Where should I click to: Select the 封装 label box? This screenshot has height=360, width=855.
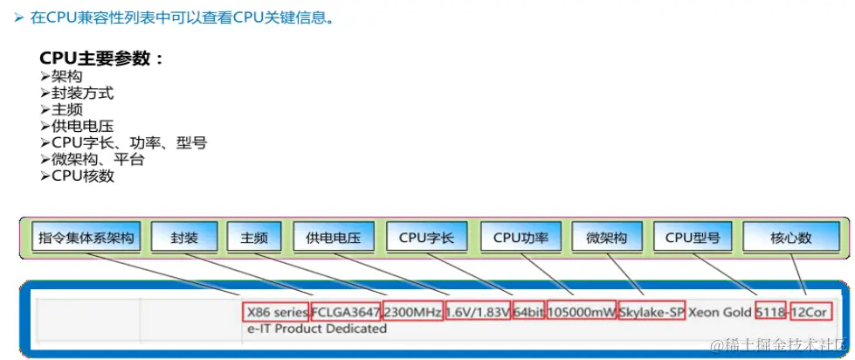[184, 237]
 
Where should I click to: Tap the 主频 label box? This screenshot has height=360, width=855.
[254, 237]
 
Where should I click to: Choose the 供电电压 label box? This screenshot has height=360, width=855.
[333, 237]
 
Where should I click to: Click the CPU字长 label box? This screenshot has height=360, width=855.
[426, 237]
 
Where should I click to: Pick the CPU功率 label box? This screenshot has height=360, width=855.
[521, 237]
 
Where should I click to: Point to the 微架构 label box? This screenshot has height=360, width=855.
[606, 237]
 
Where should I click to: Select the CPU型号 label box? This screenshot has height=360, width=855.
[693, 237]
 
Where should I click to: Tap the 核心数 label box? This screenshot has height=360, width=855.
[791, 237]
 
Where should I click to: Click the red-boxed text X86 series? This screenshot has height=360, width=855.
[277, 312]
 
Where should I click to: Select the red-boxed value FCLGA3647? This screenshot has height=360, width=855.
[346, 312]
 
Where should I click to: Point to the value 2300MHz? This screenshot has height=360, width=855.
[412, 312]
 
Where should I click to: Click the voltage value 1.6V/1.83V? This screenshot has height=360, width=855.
[478, 312]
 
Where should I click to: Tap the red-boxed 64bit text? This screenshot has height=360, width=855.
[528, 312]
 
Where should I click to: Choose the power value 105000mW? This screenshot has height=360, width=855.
[581, 312]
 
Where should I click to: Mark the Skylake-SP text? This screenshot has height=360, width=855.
[651, 312]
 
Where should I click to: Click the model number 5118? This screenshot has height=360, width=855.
[770, 312]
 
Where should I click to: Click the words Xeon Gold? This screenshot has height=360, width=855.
[720, 312]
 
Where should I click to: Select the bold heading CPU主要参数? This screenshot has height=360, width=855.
[101, 59]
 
